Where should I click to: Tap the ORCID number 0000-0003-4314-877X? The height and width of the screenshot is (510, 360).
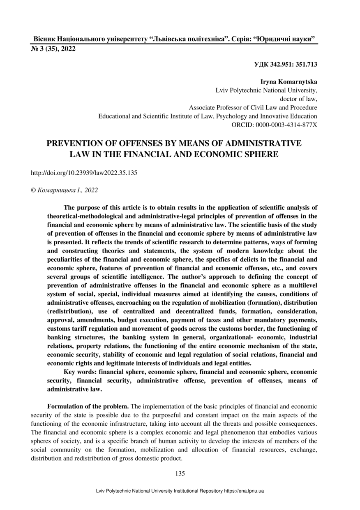[x=286, y=124]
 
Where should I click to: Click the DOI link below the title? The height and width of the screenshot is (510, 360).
[x=84, y=173]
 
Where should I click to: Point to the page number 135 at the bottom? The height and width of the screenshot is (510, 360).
[x=180, y=473]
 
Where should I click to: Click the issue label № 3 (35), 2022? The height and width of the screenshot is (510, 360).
[x=53, y=49]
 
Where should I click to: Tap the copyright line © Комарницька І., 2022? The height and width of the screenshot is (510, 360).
[x=65, y=190]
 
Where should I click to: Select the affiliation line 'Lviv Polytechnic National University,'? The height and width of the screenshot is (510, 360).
[x=266, y=90]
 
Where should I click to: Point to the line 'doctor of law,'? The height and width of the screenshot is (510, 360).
[x=299, y=99]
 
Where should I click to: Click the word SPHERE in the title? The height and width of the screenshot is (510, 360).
[x=258, y=154]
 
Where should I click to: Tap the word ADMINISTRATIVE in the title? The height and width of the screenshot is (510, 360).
[x=263, y=144]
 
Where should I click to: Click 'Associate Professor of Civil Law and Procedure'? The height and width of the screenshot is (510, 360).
[x=253, y=107]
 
